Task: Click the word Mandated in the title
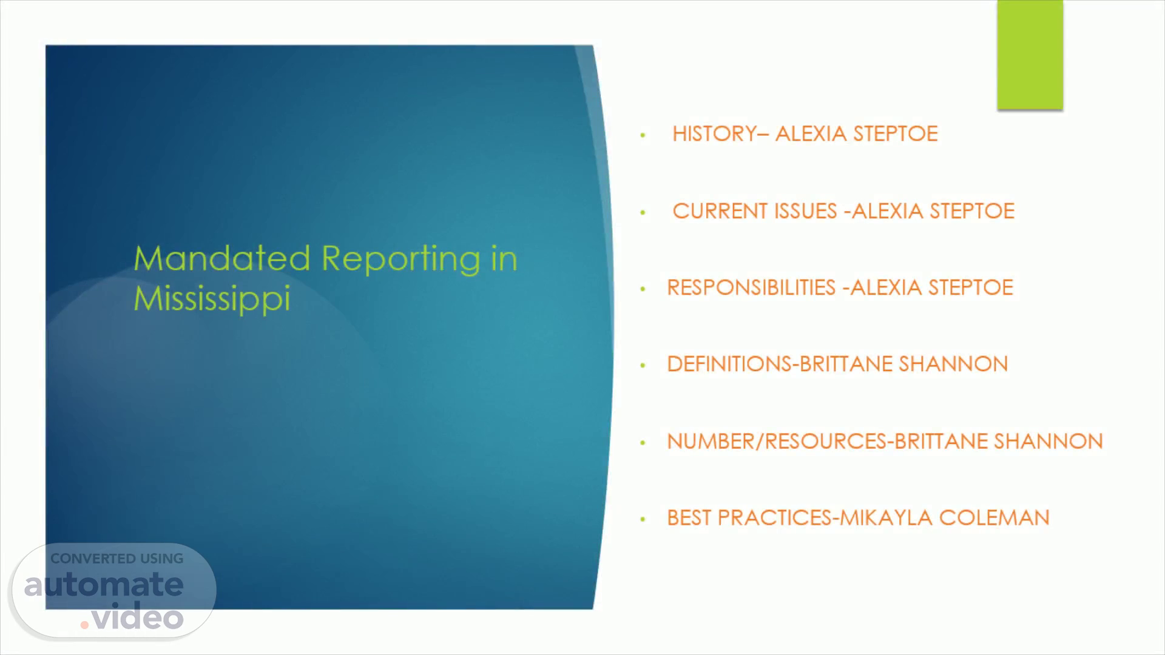pyautogui.click(x=222, y=258)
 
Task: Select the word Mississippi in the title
pyautogui.click(x=212, y=298)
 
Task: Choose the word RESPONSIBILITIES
pyautogui.click(x=751, y=287)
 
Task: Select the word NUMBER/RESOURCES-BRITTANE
pyautogui.click(x=828, y=441)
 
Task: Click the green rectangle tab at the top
pyautogui.click(x=1030, y=55)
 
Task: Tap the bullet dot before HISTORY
pyautogui.click(x=643, y=135)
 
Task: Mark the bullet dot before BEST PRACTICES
pyautogui.click(x=643, y=519)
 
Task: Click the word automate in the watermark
pyautogui.click(x=104, y=585)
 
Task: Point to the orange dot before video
pyautogui.click(x=85, y=624)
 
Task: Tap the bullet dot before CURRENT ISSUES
pyautogui.click(x=643, y=212)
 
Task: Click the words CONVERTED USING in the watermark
pyautogui.click(x=116, y=559)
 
